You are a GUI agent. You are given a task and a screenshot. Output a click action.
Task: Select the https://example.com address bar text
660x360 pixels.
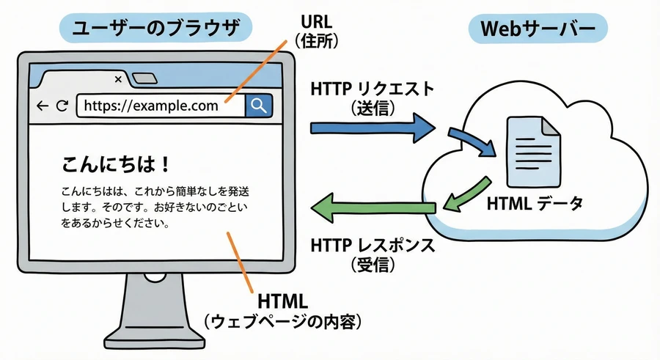tap(151, 106)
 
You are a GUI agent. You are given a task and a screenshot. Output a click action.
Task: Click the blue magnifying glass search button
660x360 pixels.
tap(258, 106)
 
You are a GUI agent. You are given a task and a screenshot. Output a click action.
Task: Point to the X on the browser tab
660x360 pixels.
tap(119, 79)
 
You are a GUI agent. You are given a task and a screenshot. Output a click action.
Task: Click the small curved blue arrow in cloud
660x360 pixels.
tap(472, 141)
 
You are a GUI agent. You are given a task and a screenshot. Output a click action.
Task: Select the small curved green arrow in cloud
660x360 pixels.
tap(465, 191)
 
